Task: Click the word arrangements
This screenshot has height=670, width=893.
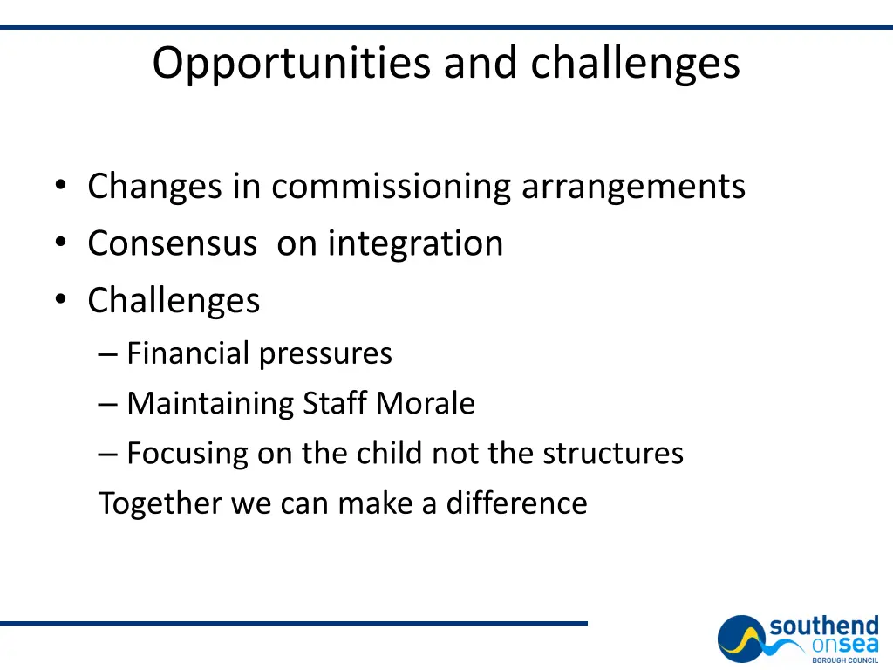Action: pyautogui.click(x=634, y=187)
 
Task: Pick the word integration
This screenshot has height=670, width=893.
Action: pyautogui.click(x=415, y=243)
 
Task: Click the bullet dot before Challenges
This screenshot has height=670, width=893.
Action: pyautogui.click(x=59, y=300)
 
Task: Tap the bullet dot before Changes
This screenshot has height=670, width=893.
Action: pyautogui.click(x=59, y=186)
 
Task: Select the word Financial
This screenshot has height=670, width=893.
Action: pyautogui.click(x=188, y=353)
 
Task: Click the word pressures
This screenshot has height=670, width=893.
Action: pyautogui.click(x=325, y=353)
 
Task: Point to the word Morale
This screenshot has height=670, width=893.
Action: pyautogui.click(x=426, y=403)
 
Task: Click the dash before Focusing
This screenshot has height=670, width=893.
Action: pyautogui.click(x=107, y=454)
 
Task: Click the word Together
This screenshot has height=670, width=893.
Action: pyautogui.click(x=160, y=503)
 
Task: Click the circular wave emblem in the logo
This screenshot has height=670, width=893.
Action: pyautogui.click(x=743, y=639)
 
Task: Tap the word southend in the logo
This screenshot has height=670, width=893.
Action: pyautogui.click(x=824, y=626)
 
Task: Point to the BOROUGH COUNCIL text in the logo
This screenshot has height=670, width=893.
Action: pyautogui.click(x=845, y=660)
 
